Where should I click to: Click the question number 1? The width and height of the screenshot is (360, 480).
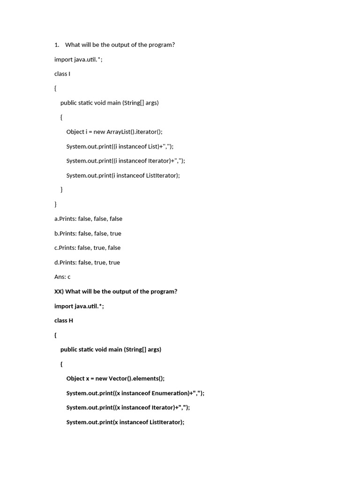(57, 45)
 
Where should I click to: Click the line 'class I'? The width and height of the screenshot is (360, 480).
(62, 74)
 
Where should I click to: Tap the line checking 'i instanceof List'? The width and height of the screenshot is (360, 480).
(120, 146)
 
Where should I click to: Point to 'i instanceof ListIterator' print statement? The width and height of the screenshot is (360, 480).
(123, 175)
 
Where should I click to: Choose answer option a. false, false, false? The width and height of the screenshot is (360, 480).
(88, 219)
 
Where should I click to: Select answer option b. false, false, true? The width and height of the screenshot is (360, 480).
(88, 233)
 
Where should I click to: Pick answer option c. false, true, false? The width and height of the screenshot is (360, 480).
(87, 248)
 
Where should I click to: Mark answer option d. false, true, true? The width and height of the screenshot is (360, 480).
(87, 262)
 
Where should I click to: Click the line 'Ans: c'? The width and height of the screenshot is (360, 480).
(62, 277)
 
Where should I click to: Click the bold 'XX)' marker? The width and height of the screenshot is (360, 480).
(59, 292)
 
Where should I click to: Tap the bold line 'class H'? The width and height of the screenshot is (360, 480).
(64, 321)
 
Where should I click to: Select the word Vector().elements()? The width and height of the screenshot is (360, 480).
(140, 379)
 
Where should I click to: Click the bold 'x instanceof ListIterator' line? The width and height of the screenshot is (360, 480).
(125, 422)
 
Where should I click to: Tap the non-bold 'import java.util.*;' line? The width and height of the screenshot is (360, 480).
(78, 60)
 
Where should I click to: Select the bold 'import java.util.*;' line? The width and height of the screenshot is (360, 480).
(79, 306)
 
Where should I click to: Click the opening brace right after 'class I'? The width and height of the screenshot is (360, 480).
(55, 88)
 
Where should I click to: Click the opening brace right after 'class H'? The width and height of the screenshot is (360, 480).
(55, 335)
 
